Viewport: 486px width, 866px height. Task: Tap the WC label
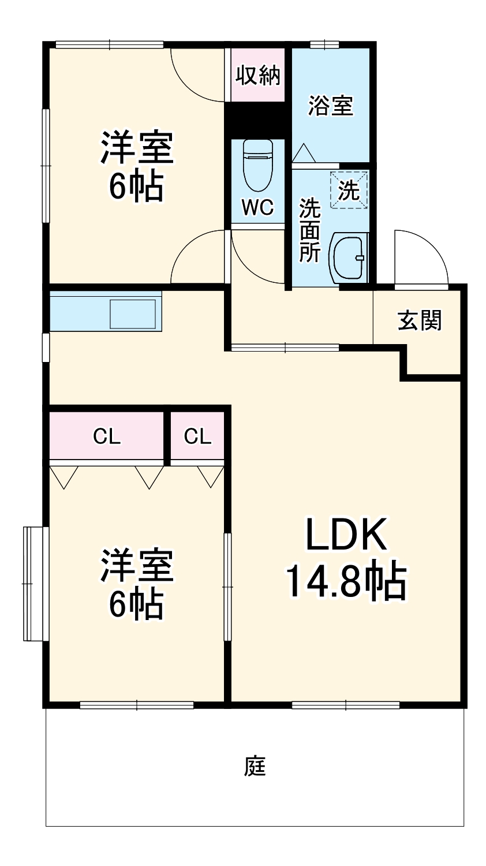[257, 207]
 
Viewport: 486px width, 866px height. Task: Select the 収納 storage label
[257, 75]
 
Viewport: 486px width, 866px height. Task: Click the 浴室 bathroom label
[330, 106]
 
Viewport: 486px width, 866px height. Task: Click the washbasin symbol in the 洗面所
[347, 257]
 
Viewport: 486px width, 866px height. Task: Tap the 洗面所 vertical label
[309, 230]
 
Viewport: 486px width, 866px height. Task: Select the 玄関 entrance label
[420, 320]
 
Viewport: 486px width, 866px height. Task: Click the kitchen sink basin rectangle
[133, 314]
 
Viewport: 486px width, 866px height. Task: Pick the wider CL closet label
[107, 437]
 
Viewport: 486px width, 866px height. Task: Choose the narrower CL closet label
[197, 437]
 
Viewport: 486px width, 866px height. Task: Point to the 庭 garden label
[255, 766]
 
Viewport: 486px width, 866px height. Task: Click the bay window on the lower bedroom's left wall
[33, 583]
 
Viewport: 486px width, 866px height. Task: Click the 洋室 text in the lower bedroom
[137, 566]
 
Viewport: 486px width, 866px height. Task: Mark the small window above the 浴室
[324, 44]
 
